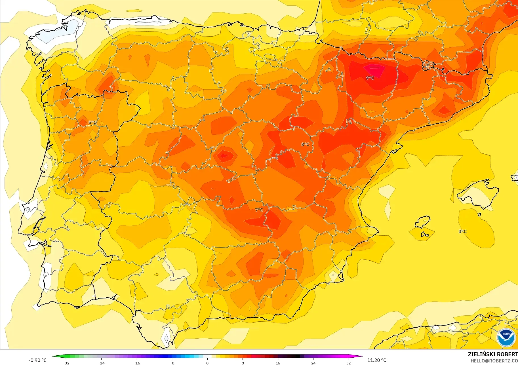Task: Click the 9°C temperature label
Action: pyautogui.click(x=370, y=78)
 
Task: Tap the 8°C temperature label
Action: pyautogui.click(x=305, y=144)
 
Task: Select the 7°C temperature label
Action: pyautogui.click(x=259, y=210)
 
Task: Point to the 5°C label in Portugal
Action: pyautogui.click(x=92, y=123)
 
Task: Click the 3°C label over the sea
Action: pyautogui.click(x=462, y=231)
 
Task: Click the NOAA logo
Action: pyautogui.click(x=506, y=337)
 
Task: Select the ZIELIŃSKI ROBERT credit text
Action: pyautogui.click(x=492, y=354)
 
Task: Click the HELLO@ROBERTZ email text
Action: pyautogui.click(x=494, y=361)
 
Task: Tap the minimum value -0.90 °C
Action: pyautogui.click(x=37, y=360)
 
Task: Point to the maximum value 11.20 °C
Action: pyautogui.click(x=377, y=360)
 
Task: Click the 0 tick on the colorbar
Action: pyautogui.click(x=207, y=363)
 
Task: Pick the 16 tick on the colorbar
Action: pyautogui.click(x=278, y=363)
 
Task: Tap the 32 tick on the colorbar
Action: pyautogui.click(x=348, y=363)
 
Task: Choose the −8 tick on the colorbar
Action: pyautogui.click(x=172, y=363)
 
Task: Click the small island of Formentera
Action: pyautogui.click(x=425, y=235)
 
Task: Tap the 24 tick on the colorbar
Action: pyautogui.click(x=313, y=363)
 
